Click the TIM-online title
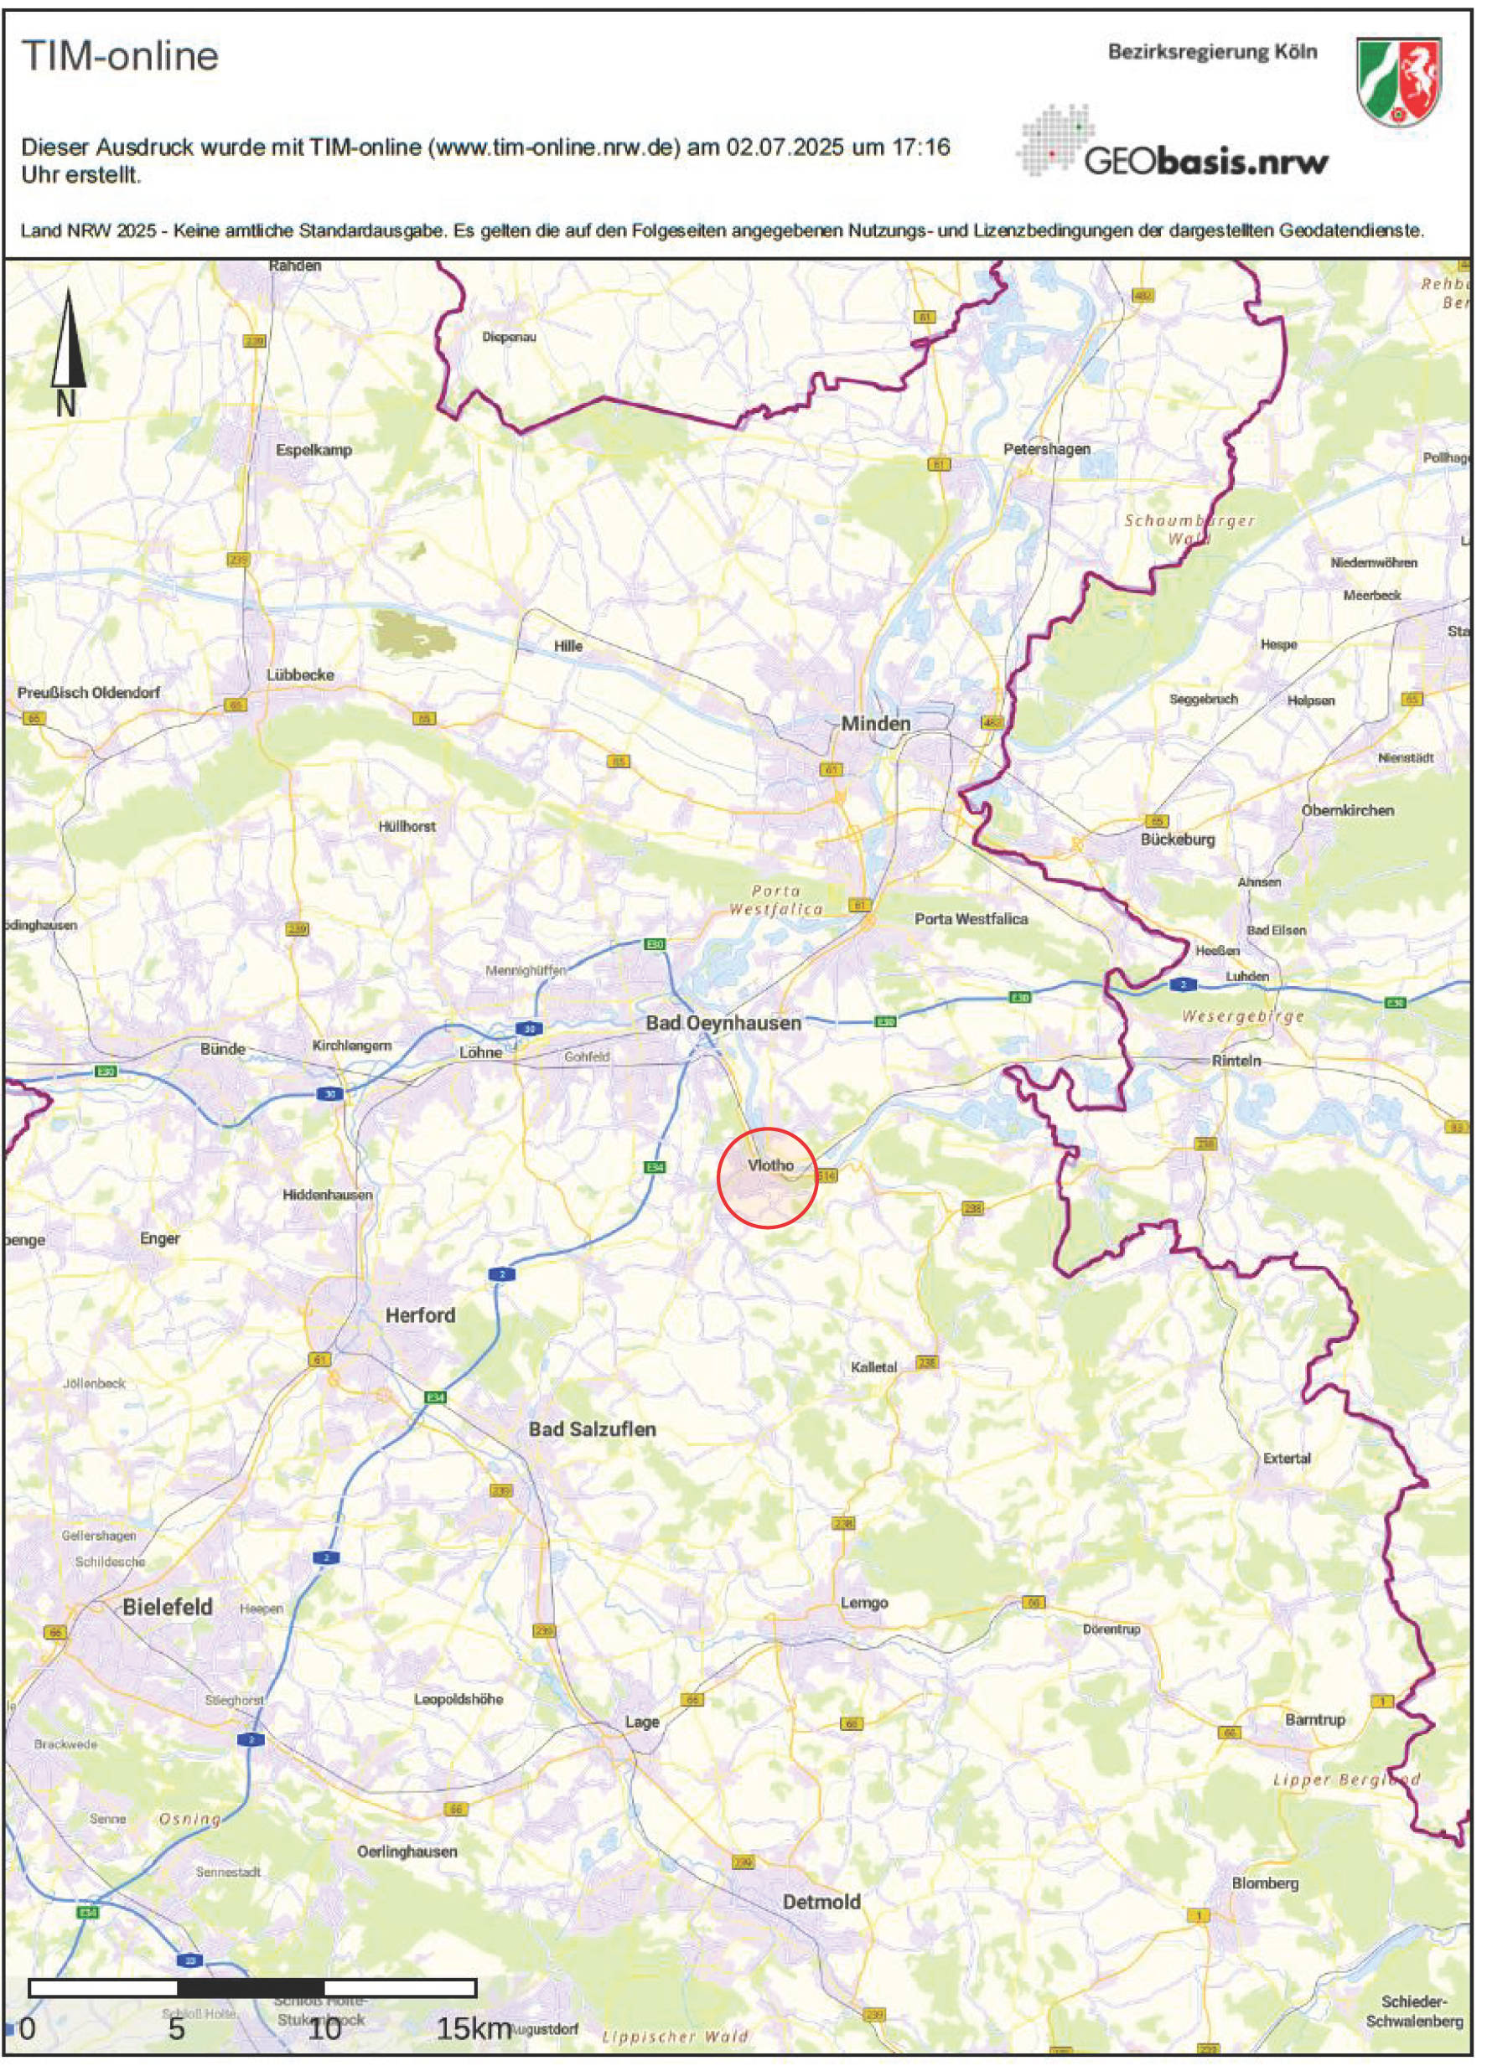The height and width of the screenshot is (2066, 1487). [x=120, y=56]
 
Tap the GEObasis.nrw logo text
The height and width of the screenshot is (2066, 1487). [x=1205, y=163]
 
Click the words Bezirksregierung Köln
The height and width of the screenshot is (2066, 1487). [x=1212, y=52]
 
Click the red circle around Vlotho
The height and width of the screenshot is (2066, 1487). [x=767, y=1177]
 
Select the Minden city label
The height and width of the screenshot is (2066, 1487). [x=875, y=723]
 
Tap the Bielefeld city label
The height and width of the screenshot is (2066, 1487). [x=168, y=1607]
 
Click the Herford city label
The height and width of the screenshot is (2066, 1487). [x=419, y=1315]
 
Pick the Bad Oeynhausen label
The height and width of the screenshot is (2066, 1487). [x=723, y=1023]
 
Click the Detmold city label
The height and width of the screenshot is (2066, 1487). [x=821, y=1902]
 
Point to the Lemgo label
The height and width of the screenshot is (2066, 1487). [x=863, y=1603]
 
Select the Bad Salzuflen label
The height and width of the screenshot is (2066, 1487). [x=593, y=1429]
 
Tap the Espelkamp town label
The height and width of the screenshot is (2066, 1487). [x=313, y=450]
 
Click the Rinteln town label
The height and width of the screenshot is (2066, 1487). [x=1236, y=1061]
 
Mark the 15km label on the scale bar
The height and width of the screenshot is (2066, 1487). [x=474, y=2030]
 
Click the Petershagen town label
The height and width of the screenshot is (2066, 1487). [x=1046, y=449]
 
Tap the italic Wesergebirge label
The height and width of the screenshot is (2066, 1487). [x=1242, y=1016]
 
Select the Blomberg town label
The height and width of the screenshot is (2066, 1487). [x=1265, y=1883]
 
